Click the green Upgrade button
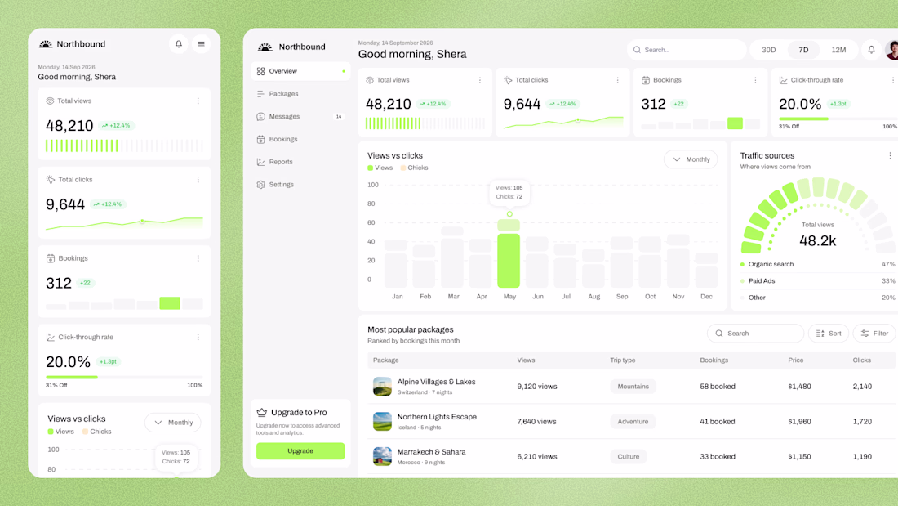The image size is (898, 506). point(300,451)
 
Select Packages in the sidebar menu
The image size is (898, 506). point(283,93)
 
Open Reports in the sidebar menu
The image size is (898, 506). point(281,162)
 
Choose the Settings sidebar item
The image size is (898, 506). point(281,185)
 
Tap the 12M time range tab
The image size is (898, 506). point(838,50)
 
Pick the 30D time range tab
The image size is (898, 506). point(768,50)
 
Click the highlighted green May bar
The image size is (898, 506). point(509,261)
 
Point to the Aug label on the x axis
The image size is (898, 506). point(593,297)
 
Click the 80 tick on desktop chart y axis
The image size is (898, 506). point(371,204)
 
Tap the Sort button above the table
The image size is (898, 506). point(828,334)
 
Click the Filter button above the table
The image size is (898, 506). point(874,334)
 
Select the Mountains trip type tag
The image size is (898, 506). point(633,387)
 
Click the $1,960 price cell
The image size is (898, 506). point(799,422)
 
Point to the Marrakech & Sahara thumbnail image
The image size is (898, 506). point(382,457)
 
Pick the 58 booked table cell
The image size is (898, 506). point(717,387)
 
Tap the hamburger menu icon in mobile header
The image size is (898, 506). point(201,44)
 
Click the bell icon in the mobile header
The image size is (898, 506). point(179,44)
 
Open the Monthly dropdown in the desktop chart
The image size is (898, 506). point(691,159)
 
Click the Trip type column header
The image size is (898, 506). point(623,360)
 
